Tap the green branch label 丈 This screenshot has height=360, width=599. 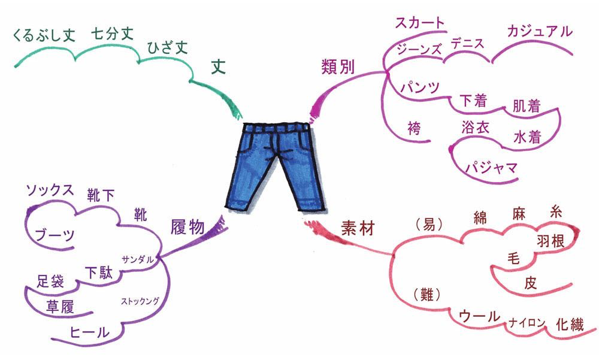coord(219,66)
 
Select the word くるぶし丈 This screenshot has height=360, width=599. coord(44,35)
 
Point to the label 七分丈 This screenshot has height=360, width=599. coord(112,34)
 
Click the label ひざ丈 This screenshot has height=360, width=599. coord(167,48)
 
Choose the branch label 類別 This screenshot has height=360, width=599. coord(338,67)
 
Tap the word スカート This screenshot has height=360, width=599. coord(420,23)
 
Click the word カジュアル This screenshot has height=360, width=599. coord(540,31)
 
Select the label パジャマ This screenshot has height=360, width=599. coord(491,167)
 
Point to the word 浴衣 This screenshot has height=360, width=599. coord(475,127)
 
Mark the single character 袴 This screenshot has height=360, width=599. coord(414,128)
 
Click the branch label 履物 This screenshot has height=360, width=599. coord(187,228)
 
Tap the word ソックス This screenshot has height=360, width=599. coord(50,190)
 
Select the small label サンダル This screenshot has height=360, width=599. coord(138,259)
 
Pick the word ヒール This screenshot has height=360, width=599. coord(90,332)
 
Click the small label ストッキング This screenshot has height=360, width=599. coord(140,301)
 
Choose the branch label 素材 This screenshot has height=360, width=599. coord(358,229)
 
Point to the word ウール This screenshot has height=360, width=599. coord(480,316)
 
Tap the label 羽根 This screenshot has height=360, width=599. coord(550,241)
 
